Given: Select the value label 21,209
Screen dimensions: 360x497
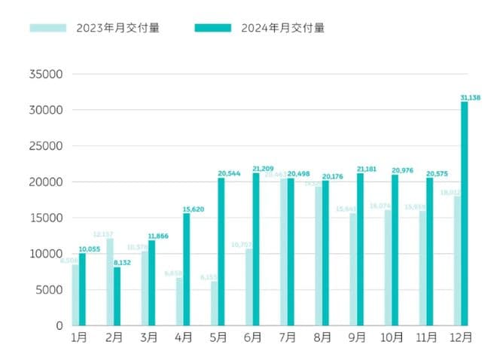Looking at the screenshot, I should click(263, 169).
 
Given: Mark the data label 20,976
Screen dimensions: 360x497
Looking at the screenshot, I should click(401, 170).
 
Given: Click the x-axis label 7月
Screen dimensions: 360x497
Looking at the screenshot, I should click(287, 337).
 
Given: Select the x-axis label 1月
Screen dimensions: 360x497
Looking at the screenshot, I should click(79, 337).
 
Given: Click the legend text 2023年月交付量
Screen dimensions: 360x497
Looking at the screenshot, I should click(117, 29).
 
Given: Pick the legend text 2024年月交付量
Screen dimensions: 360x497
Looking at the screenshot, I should click(283, 29).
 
